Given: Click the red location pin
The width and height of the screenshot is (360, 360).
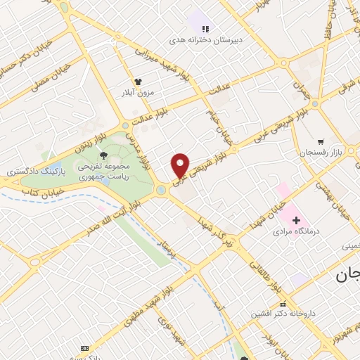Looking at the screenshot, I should tap(181, 165).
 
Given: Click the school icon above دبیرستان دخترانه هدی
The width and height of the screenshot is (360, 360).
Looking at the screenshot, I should tap(205, 29).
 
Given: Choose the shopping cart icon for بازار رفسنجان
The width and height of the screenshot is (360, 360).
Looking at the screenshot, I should tap(321, 141).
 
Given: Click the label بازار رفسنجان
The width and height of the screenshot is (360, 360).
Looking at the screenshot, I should tap(328, 153).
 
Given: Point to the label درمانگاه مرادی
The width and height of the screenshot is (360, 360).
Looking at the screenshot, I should tap(295, 231).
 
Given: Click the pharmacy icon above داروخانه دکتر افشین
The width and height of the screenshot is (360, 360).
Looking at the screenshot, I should tap(283, 304).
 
